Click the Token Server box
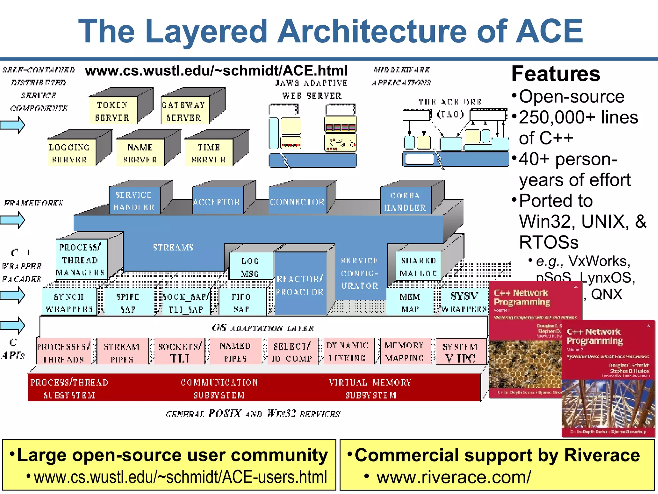(112, 111)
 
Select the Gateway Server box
(184, 111)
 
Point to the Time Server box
(209, 153)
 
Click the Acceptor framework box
(217, 202)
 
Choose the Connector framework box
(297, 202)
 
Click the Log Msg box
(250, 267)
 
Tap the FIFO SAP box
(242, 302)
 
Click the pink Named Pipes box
(235, 352)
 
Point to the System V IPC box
(460, 352)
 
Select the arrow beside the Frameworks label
(13, 220)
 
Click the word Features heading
(556, 74)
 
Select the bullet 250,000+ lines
(578, 117)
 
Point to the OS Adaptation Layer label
(263, 328)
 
